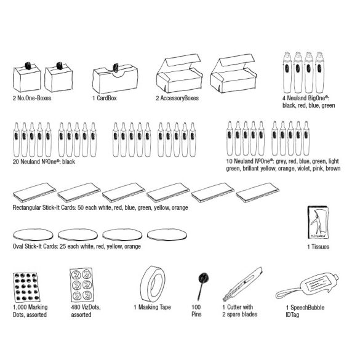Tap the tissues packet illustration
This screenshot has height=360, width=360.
[318, 223]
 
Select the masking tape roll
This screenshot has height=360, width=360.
[153, 284]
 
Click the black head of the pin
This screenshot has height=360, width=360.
[204, 278]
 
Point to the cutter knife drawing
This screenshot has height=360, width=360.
[242, 284]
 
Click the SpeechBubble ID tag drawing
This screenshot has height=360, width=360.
[307, 286]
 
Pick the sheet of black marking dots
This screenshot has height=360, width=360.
[26, 287]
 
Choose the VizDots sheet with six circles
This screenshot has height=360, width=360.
[82, 285]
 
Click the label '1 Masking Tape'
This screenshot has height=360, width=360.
[152, 307]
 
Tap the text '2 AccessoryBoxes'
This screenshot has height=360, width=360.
[177, 98]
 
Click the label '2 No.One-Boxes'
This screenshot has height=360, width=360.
[32, 98]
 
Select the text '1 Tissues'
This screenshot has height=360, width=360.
[318, 247]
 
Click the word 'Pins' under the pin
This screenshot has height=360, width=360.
[196, 314]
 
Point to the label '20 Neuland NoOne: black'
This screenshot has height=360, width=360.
[44, 162]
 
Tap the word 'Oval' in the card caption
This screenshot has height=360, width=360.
[18, 246]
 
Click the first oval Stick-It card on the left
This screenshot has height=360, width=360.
[33, 235]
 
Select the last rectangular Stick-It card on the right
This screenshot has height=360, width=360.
[258, 193]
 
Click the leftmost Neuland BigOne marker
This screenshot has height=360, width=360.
[287, 73]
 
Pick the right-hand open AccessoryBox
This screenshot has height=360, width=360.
[233, 73]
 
